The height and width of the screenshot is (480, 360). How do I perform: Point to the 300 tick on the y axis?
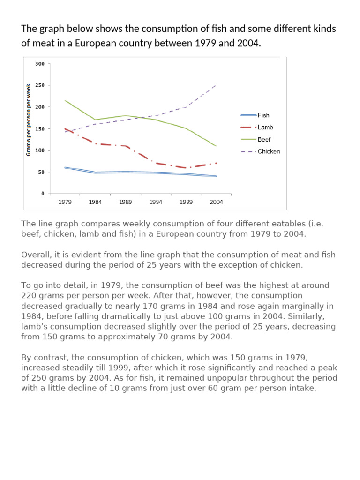[40, 64]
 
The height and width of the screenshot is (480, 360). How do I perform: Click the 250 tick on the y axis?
[40, 85]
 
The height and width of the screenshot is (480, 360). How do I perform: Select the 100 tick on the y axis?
[40, 150]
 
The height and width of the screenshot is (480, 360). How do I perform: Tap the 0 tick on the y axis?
[43, 194]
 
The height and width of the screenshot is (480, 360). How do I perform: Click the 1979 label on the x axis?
[65, 202]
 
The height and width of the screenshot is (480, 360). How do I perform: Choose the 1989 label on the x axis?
[125, 202]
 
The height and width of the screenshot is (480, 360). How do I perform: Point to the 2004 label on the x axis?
[216, 202]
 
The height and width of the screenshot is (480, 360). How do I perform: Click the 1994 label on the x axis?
[156, 202]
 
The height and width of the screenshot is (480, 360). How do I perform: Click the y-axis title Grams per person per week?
[29, 120]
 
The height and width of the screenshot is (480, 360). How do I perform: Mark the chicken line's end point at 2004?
[216, 85]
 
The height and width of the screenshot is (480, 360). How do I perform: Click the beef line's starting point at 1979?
[65, 100]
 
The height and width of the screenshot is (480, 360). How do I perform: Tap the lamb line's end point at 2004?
[216, 163]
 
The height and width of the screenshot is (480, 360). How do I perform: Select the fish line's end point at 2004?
[216, 176]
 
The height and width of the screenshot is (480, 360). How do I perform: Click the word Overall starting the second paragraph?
[35, 255]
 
